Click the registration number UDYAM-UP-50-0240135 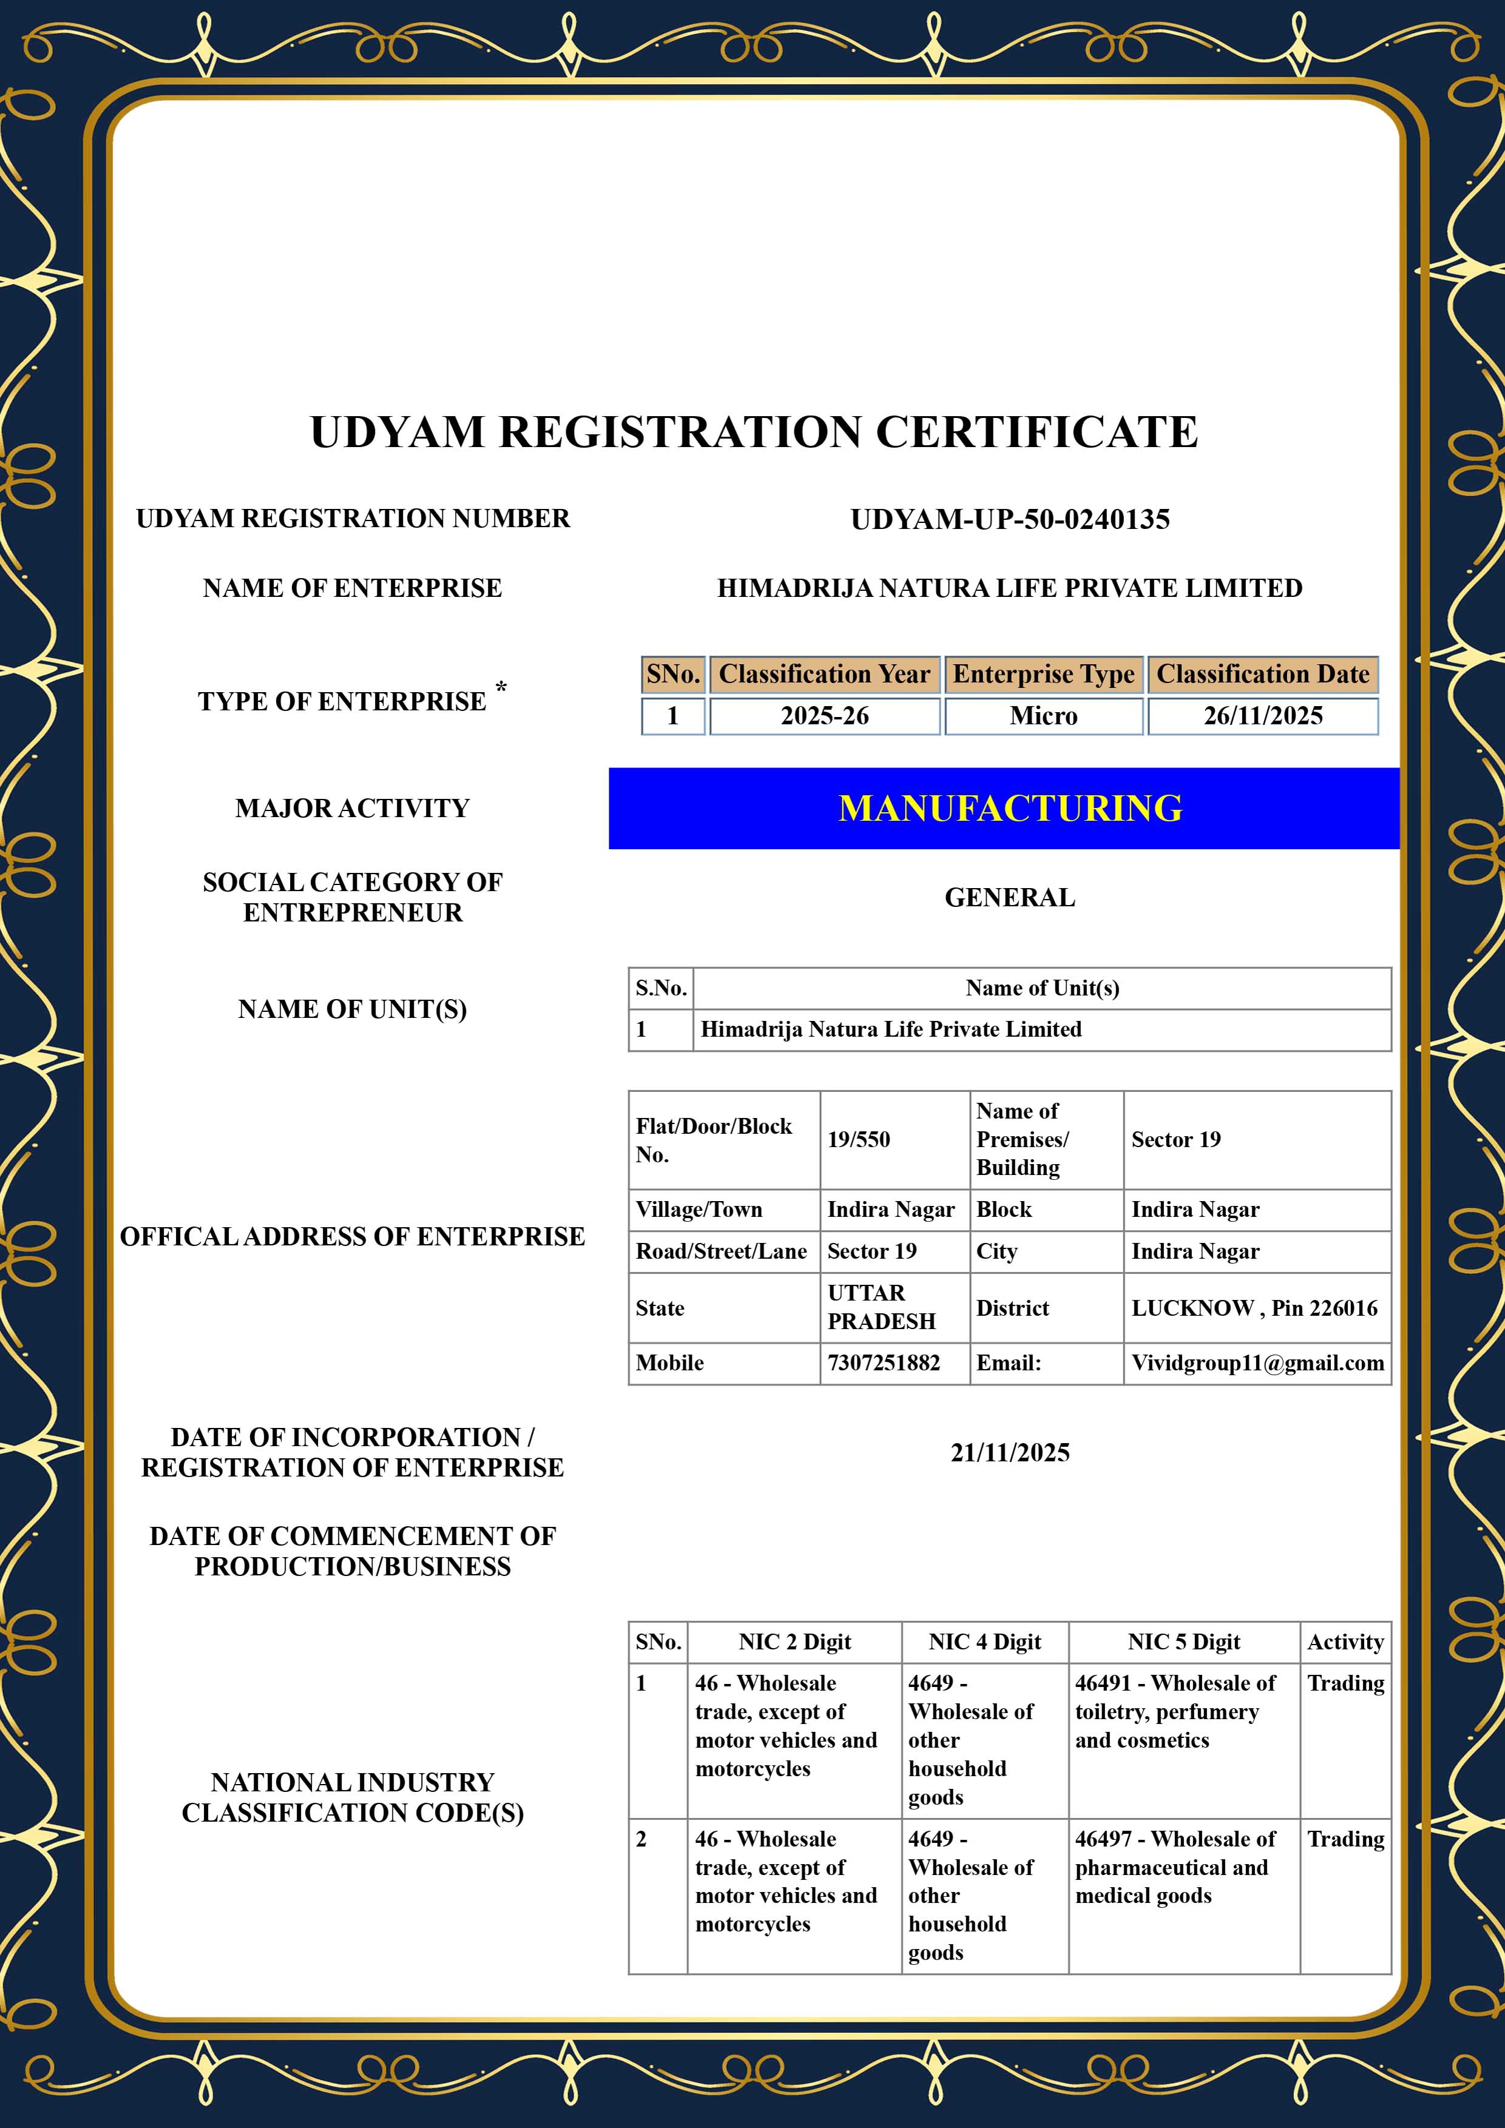(x=1010, y=519)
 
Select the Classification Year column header (x=824, y=674)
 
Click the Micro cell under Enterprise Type (x=1043, y=716)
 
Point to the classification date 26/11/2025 (x=1263, y=716)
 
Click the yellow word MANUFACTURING (x=1010, y=808)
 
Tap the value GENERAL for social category (x=1010, y=897)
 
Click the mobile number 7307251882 (x=884, y=1362)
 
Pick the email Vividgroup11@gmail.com (x=1257, y=1362)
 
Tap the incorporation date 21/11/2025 (x=1010, y=1452)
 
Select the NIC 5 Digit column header (x=1183, y=1641)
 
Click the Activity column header (x=1345, y=1641)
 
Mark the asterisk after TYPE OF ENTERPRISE (x=501, y=687)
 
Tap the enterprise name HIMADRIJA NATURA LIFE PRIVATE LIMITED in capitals (x=1010, y=588)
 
